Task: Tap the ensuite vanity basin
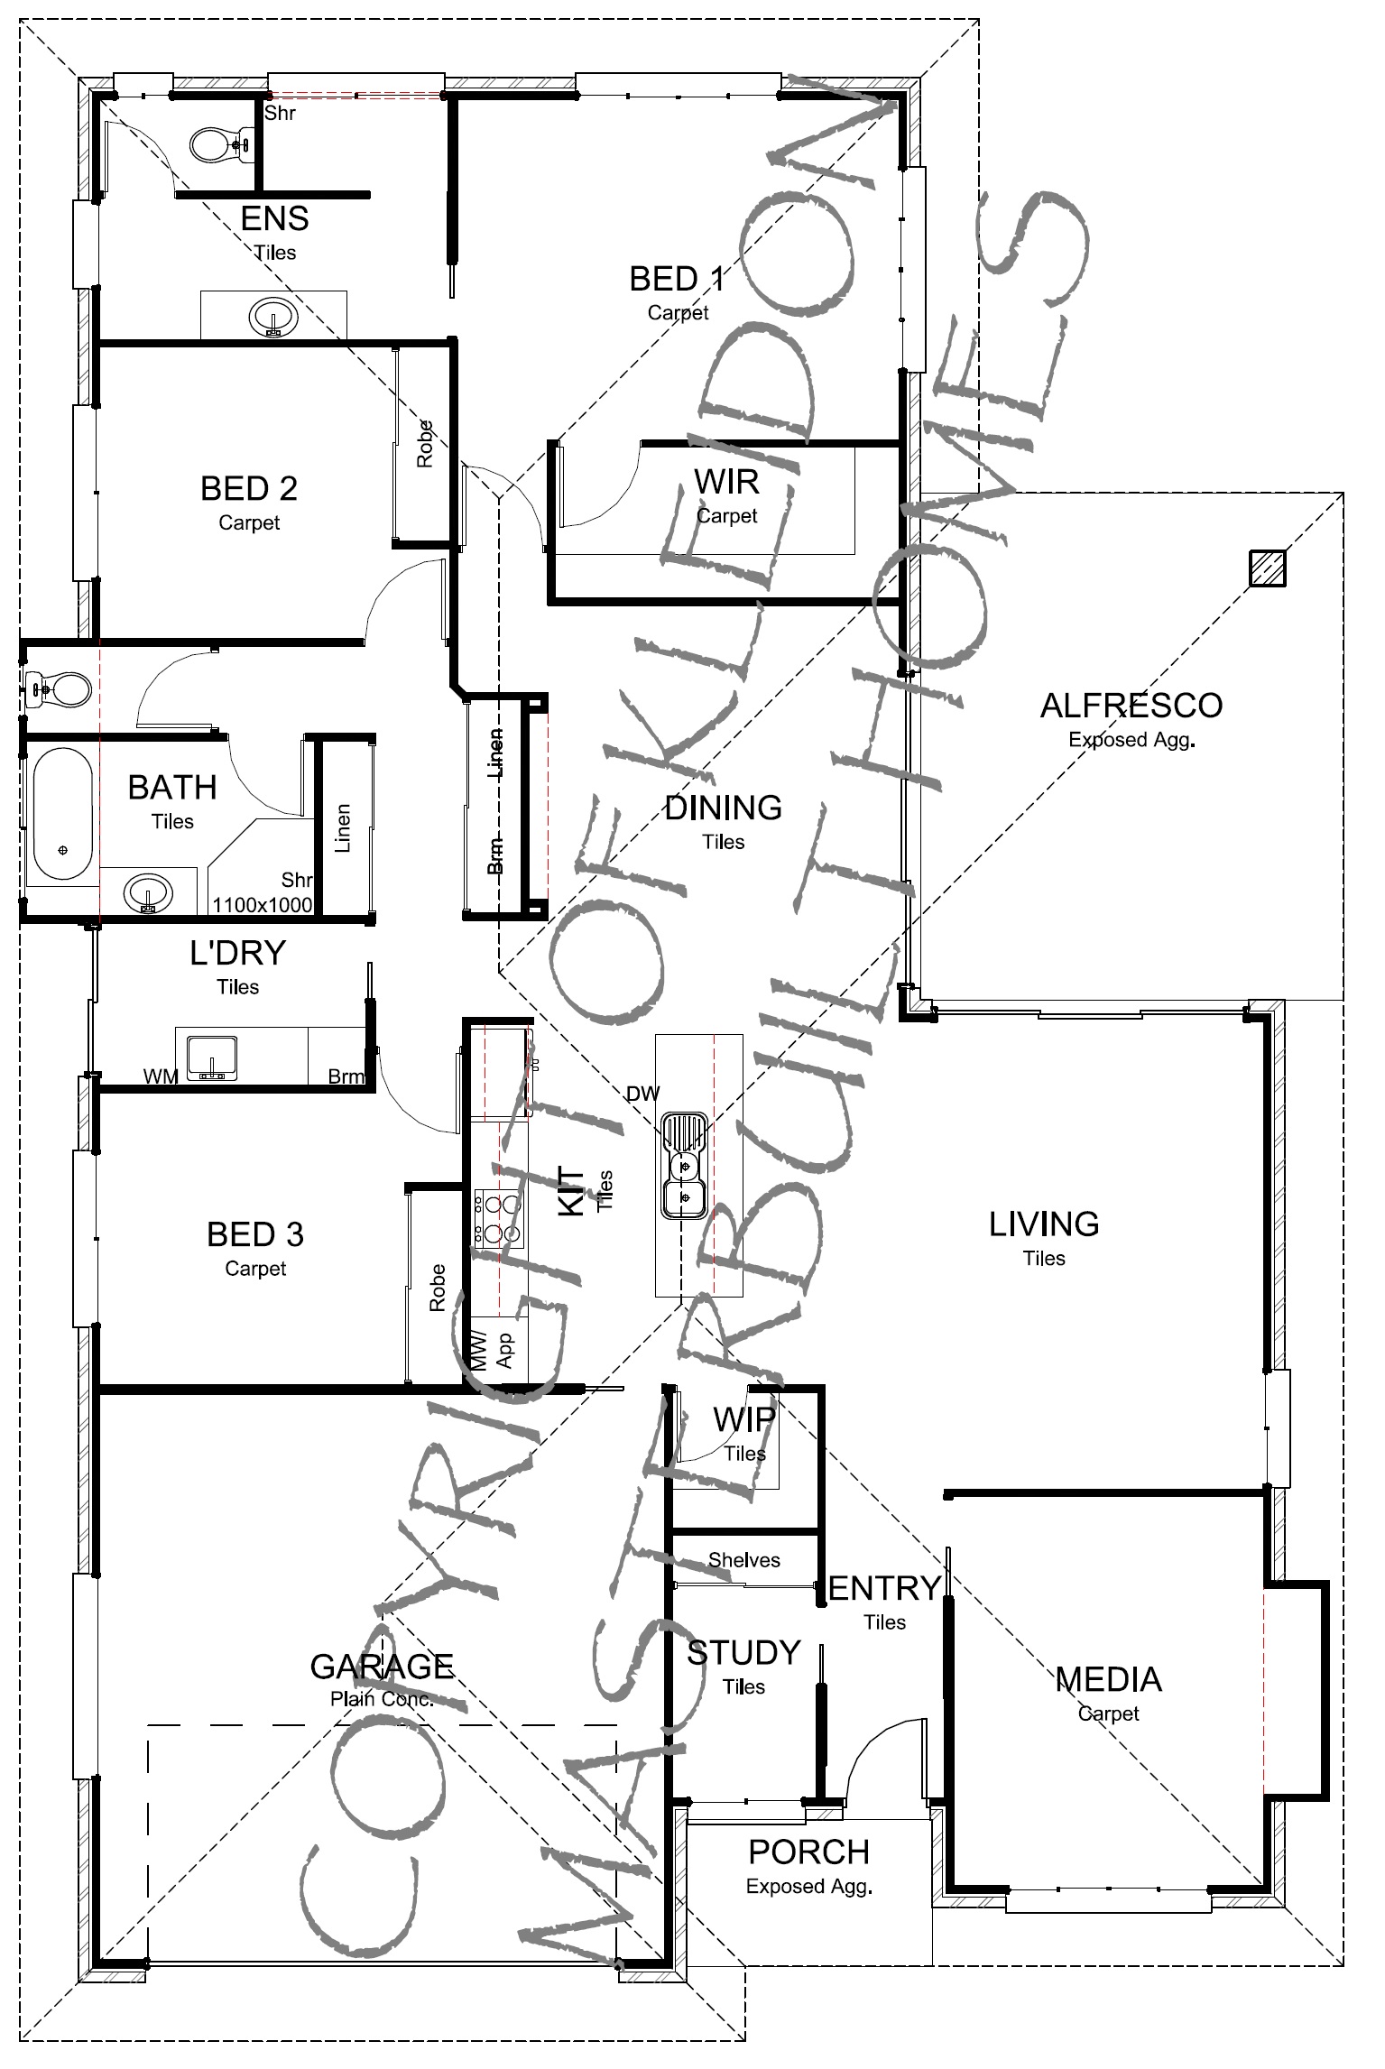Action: tap(273, 318)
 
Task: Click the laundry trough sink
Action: tap(211, 1058)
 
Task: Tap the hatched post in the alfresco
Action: tap(1267, 568)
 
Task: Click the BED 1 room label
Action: tap(677, 279)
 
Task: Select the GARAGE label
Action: tap(382, 1666)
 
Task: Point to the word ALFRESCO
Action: tap(1131, 706)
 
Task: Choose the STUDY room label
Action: tap(743, 1652)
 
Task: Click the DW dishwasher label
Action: tap(644, 1093)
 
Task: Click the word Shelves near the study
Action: tap(744, 1559)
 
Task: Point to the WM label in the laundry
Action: tap(161, 1076)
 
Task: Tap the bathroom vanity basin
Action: tap(147, 893)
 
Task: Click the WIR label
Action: tap(726, 482)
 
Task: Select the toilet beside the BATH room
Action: tap(59, 690)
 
